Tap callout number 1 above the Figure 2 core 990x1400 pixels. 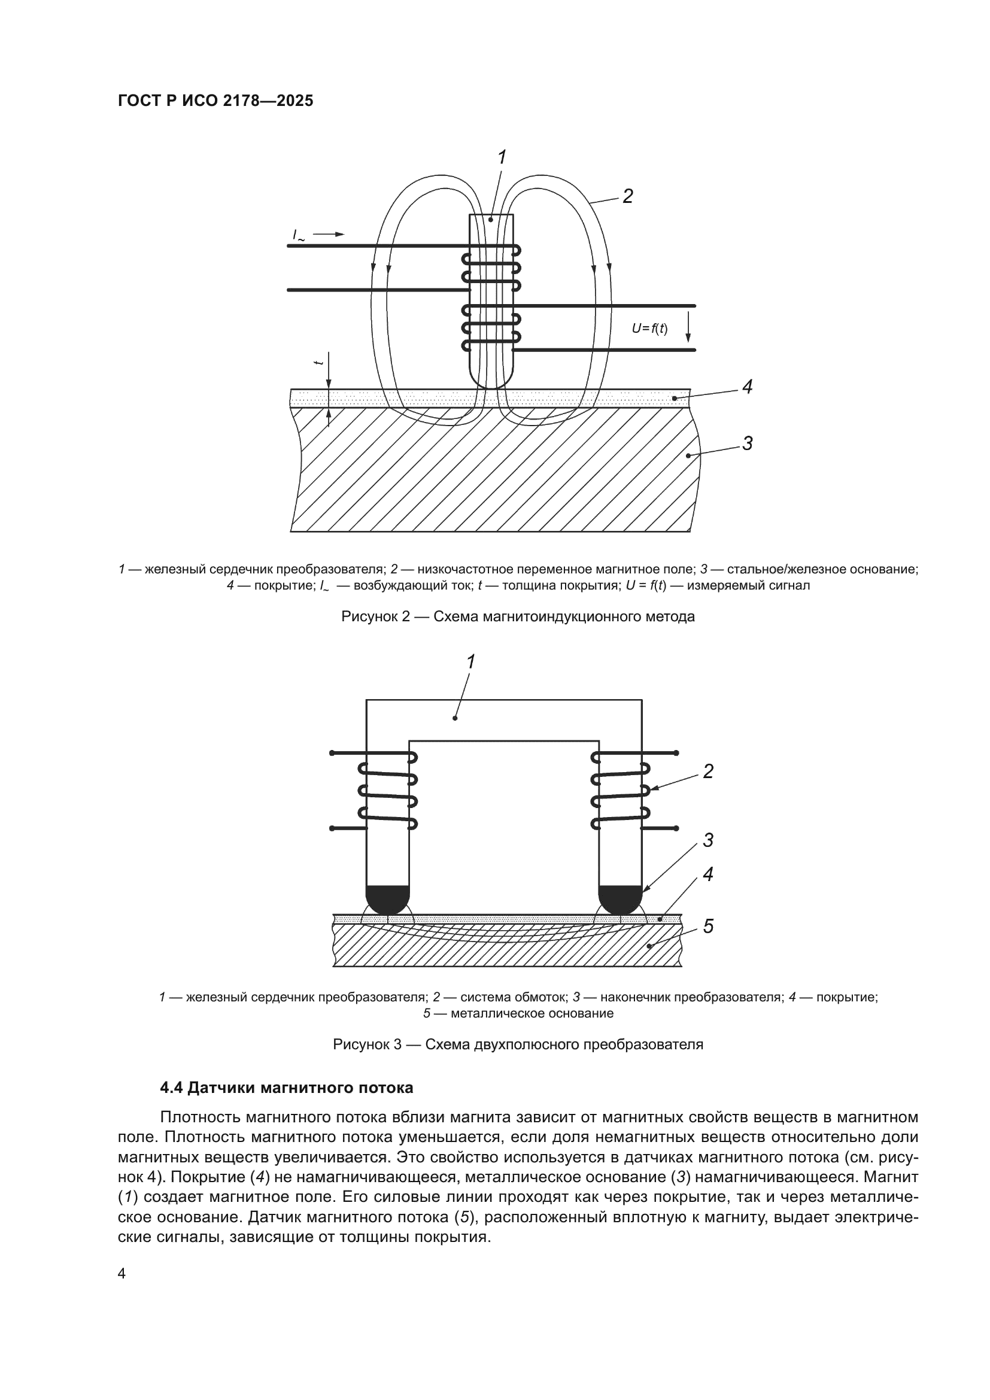[x=501, y=158]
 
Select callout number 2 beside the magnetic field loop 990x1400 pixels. [x=627, y=196]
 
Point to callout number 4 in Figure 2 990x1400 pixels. [x=748, y=387]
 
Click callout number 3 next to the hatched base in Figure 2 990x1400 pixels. [x=748, y=444]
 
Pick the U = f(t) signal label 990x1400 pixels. [x=649, y=329]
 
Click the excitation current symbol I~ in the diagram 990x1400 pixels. [x=299, y=235]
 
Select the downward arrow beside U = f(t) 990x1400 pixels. [x=688, y=327]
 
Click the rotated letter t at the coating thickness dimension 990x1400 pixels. [x=317, y=363]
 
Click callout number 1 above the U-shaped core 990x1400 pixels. [x=470, y=661]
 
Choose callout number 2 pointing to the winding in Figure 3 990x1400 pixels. [x=707, y=772]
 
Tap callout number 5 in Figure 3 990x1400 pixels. [x=707, y=927]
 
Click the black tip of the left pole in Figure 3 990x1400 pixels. [x=388, y=900]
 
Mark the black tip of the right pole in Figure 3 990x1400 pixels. [x=621, y=900]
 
